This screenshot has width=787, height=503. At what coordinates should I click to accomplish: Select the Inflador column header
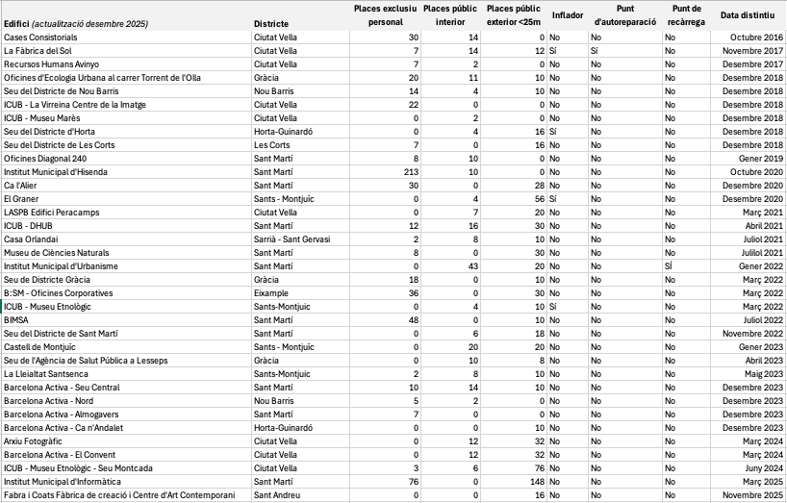567,15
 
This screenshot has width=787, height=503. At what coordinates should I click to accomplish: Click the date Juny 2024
764,467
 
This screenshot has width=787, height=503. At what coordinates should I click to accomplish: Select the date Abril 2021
764,225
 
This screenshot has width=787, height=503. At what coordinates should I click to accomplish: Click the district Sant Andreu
276,494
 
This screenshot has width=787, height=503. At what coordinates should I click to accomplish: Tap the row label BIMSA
16,319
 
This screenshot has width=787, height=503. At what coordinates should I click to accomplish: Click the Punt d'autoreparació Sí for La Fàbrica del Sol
596,50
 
